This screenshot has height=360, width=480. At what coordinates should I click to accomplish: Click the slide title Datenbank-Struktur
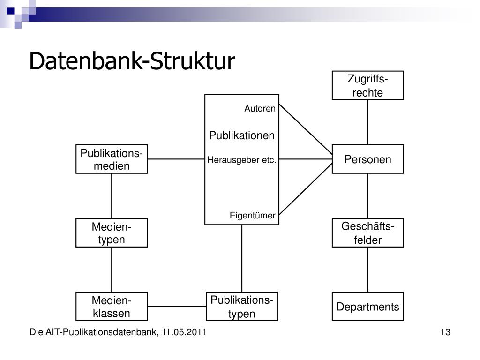(x=132, y=61)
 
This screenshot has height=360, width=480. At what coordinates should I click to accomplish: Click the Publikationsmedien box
(x=112, y=159)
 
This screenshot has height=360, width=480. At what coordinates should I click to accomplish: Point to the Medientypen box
(x=112, y=232)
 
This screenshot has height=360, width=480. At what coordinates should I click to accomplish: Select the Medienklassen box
(x=112, y=307)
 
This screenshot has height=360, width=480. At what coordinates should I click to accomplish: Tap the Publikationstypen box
(x=242, y=307)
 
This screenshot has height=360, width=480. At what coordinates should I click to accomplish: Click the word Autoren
(x=260, y=108)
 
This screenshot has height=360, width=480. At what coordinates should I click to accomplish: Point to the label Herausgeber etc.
(x=242, y=160)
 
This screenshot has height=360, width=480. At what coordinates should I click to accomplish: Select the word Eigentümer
(x=253, y=215)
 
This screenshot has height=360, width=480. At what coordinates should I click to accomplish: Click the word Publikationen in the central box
(x=242, y=135)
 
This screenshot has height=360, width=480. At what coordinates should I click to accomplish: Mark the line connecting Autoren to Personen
(x=306, y=129)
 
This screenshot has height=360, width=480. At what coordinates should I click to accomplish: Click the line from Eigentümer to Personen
(x=306, y=189)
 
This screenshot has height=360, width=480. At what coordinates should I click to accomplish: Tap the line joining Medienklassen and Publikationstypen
(x=177, y=306)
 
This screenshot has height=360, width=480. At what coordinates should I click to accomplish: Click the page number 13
(x=445, y=332)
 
